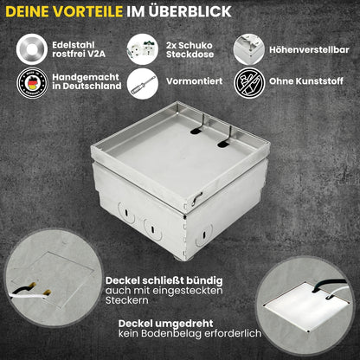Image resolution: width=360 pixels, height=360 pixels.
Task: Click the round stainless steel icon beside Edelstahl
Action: click(x=32, y=48)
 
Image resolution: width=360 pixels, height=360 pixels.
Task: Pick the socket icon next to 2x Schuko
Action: click(x=139, y=48)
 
